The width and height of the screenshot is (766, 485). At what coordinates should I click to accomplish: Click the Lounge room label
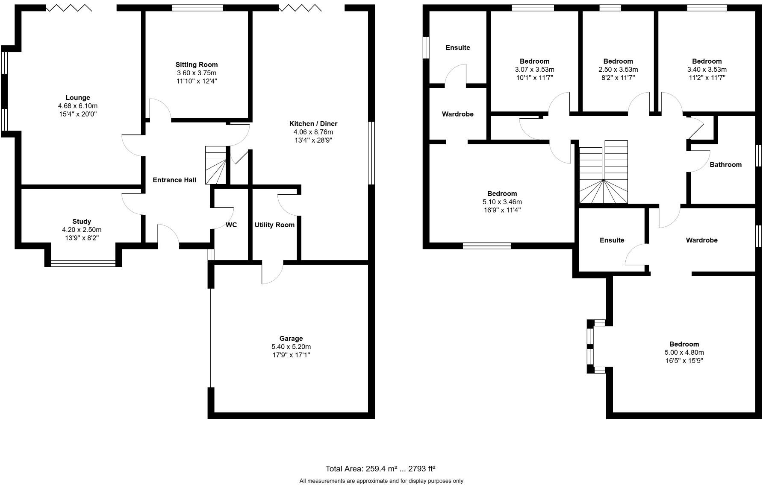click(x=77, y=98)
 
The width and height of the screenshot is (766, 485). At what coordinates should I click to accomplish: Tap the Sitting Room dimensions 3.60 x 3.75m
click(x=197, y=73)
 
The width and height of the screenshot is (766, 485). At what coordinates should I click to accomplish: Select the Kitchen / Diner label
click(x=313, y=124)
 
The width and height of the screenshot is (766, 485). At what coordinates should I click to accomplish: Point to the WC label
click(x=231, y=225)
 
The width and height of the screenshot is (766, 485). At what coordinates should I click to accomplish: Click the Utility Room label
click(x=274, y=225)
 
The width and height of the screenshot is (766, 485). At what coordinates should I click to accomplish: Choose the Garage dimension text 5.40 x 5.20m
click(x=291, y=347)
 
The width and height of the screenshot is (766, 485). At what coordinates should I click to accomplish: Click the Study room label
click(x=81, y=222)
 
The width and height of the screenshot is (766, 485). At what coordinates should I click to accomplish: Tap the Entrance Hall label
click(x=174, y=180)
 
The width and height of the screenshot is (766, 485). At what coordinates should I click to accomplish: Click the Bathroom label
click(x=725, y=165)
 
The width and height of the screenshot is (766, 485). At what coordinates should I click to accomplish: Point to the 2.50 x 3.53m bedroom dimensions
click(x=618, y=70)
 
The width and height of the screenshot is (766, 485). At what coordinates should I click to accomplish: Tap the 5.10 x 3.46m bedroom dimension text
click(x=502, y=202)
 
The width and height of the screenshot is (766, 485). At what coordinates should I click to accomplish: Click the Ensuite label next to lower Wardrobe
click(x=612, y=240)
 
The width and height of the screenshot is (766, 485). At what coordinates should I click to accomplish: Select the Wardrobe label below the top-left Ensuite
click(x=457, y=114)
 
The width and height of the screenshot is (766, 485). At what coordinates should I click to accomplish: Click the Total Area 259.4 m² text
click(x=380, y=469)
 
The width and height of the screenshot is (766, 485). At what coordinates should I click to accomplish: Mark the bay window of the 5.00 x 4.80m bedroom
click(x=591, y=346)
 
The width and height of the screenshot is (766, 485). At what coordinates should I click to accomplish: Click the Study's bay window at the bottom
click(x=83, y=263)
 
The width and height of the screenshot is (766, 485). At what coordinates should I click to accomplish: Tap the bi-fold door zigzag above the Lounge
click(x=69, y=8)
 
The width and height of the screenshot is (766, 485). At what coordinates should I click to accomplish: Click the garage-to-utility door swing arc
click(x=273, y=273)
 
